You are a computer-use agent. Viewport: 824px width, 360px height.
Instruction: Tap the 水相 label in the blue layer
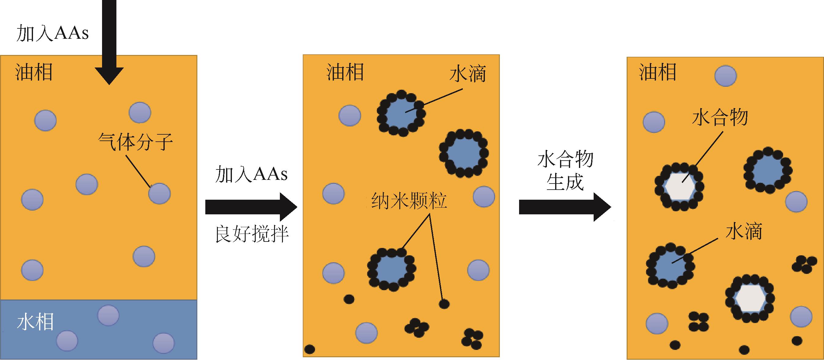(x=35, y=322)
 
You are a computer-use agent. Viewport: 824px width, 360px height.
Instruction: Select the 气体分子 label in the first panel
(x=135, y=142)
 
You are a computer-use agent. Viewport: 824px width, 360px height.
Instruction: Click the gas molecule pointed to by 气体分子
(x=159, y=193)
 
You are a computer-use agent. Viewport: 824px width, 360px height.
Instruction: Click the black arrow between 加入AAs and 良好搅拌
(x=251, y=207)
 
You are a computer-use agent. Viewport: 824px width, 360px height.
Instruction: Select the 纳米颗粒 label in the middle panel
(x=409, y=201)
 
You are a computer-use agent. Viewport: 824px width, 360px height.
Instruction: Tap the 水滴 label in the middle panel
(x=468, y=74)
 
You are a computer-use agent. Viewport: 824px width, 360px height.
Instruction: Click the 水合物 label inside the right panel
(x=720, y=117)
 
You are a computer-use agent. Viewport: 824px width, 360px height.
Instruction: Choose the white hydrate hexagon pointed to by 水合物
(x=679, y=187)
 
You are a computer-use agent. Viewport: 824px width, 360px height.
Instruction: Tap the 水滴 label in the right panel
(x=744, y=231)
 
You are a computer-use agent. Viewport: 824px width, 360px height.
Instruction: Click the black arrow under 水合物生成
(x=565, y=207)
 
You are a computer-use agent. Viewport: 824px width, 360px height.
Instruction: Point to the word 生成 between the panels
(x=565, y=183)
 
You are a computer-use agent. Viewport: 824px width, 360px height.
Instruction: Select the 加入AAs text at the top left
(x=52, y=33)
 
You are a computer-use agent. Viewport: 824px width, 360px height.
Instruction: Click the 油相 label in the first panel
(x=34, y=72)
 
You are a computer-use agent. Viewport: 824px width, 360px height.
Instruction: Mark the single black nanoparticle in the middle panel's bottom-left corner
(x=309, y=349)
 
